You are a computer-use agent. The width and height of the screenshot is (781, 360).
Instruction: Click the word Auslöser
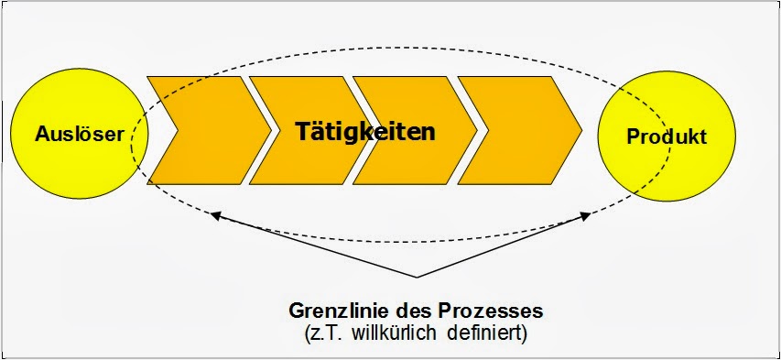[x=80, y=135]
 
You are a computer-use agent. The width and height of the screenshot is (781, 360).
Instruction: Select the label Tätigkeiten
[x=364, y=131]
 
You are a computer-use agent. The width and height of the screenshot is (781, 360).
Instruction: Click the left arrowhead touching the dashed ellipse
[x=215, y=216]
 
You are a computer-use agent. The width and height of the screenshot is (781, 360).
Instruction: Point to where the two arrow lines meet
[x=417, y=277]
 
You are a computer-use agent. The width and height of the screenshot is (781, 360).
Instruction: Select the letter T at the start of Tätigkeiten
[x=303, y=131]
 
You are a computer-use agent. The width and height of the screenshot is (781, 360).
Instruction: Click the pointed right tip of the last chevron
[x=580, y=130]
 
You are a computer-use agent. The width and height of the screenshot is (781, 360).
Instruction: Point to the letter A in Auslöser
[x=41, y=135]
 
